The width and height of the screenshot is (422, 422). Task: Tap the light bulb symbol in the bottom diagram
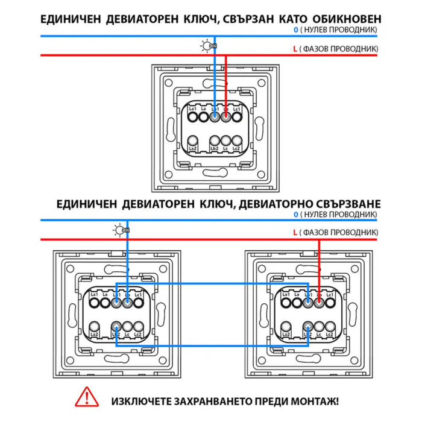point(119,230)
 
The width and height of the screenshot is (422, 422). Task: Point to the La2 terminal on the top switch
point(193,145)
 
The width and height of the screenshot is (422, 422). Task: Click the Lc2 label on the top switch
point(238,149)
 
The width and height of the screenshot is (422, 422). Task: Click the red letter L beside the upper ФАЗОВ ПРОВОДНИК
point(295,48)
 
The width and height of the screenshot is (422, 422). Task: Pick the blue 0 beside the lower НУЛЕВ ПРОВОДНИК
point(295,214)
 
